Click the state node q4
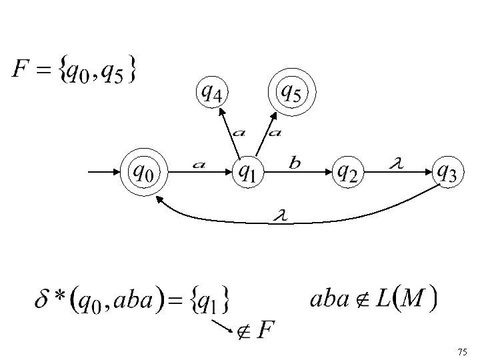[x=211, y=93]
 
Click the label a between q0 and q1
[x=198, y=163]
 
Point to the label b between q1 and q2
[x=295, y=162]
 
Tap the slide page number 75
[x=463, y=351]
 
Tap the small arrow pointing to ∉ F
[x=222, y=325]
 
